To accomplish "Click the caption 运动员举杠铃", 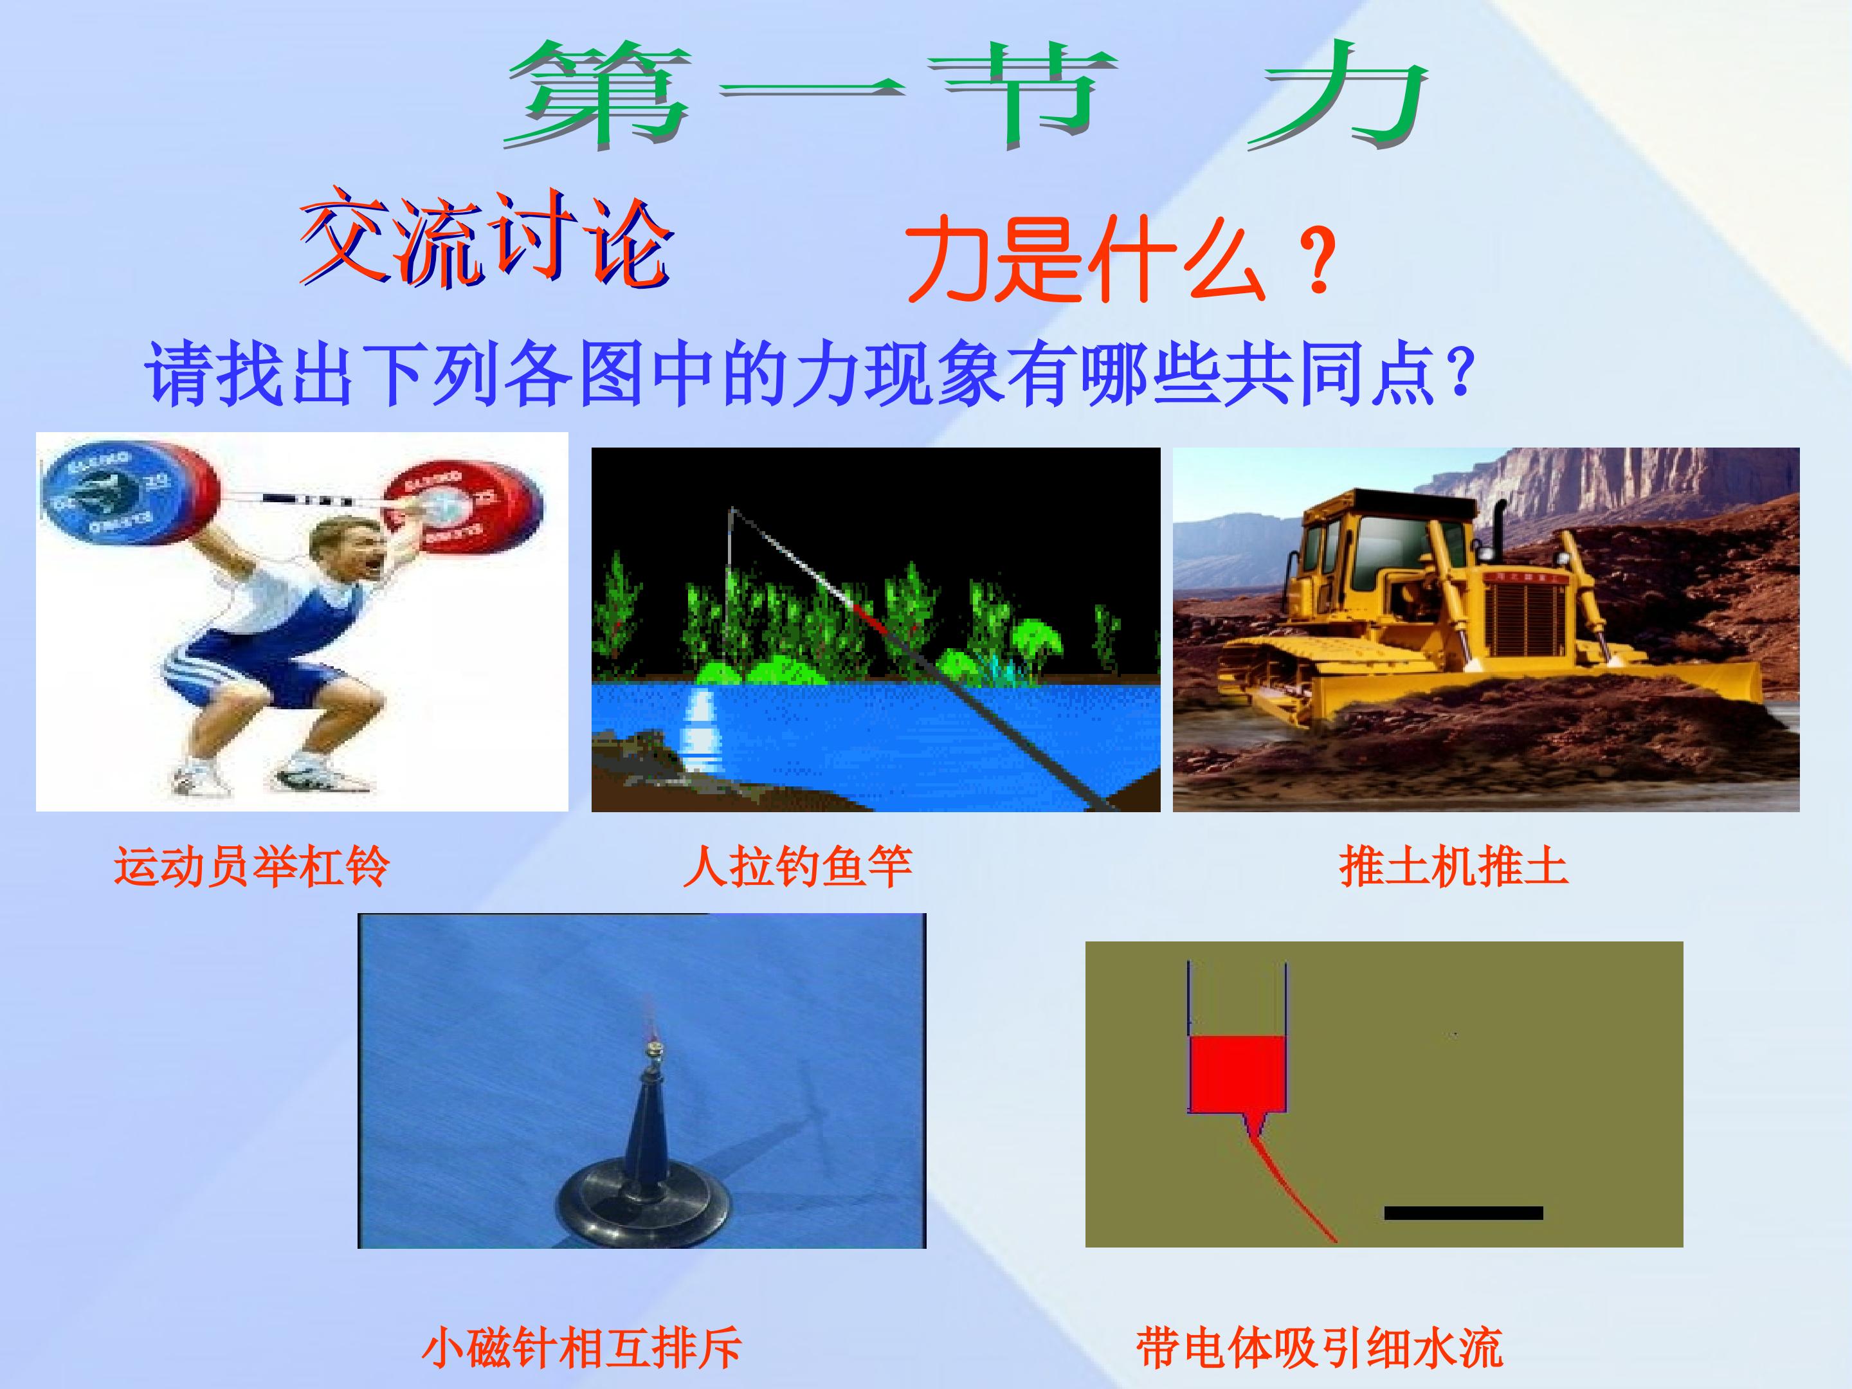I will tap(251, 867).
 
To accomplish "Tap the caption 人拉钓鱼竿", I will tap(797, 867).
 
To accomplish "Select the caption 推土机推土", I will tap(1453, 867).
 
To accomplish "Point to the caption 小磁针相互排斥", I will tap(582, 1347).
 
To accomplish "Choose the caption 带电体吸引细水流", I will tap(1320, 1347).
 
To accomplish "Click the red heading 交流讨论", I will tap(486, 239).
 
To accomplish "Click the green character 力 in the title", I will tap(1339, 96).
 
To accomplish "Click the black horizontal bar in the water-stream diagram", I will tap(1463, 1212).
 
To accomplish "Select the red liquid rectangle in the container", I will tap(1237, 1074).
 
